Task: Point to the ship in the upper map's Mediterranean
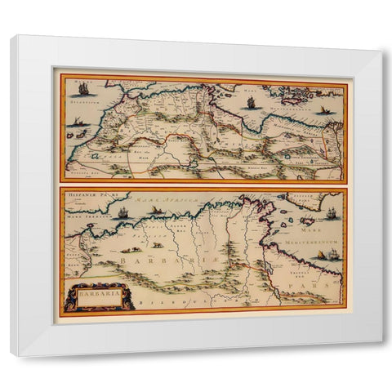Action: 251,103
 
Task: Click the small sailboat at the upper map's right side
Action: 326,109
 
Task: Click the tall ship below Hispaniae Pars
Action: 122,212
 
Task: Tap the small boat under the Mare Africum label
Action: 155,211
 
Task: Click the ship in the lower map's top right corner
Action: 332,215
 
